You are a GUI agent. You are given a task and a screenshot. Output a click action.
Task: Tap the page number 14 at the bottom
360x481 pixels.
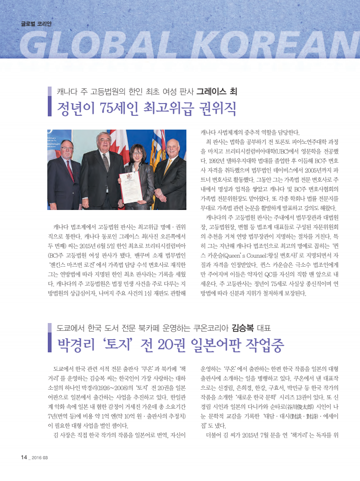[24, 457]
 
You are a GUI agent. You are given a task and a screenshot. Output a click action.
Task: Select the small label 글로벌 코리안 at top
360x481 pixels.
[36, 23]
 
